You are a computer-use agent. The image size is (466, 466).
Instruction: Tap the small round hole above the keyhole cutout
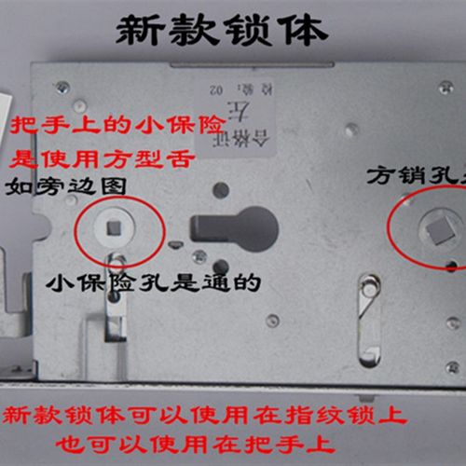point(221,189)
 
